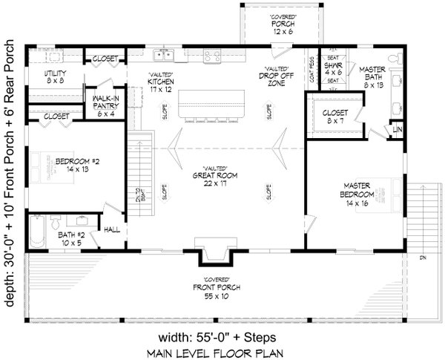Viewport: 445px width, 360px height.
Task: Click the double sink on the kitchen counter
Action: coord(162,55)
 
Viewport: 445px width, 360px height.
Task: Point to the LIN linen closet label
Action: coord(398,130)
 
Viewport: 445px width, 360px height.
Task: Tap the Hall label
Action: coord(111,230)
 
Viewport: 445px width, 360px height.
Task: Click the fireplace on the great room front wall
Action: coord(214,252)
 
